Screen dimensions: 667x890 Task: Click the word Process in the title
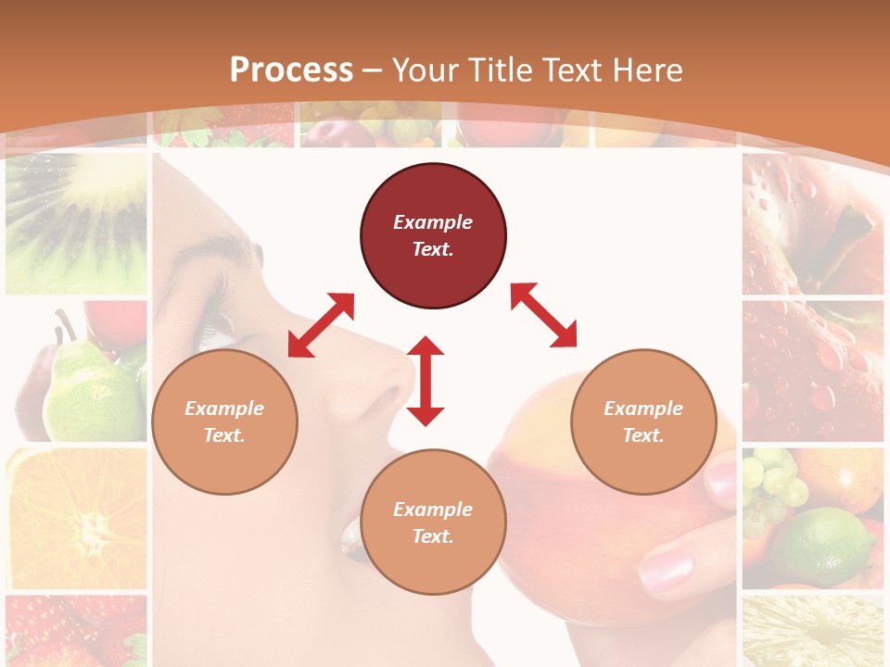[291, 70]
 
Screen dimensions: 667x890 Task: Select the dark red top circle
[433, 236]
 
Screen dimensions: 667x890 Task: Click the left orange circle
[224, 422]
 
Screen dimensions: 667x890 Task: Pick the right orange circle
[643, 422]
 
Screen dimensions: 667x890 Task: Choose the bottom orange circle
[433, 522]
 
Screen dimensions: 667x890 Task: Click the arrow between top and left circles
[321, 325]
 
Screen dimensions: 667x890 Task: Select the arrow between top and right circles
[543, 315]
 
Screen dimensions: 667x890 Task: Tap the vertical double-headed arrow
[426, 381]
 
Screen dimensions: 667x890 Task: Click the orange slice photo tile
[76, 519]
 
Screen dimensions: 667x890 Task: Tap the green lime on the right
[825, 547]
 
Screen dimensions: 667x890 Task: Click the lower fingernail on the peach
[666, 569]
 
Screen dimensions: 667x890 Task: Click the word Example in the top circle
[433, 222]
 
